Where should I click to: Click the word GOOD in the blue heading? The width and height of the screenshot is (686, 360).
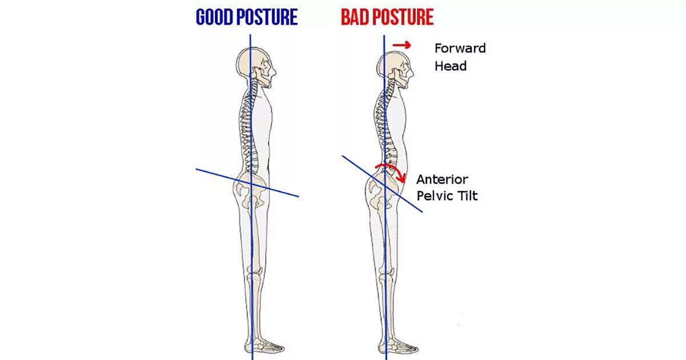point(214,17)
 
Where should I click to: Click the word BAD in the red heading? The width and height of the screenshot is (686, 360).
point(355,17)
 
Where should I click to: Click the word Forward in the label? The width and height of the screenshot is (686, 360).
point(460,48)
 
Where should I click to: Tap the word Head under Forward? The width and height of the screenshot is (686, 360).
point(450,66)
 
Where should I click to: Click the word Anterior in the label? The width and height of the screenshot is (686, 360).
point(442,179)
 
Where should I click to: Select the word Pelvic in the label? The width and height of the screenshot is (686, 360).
point(436,196)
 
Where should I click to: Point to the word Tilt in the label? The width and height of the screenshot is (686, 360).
point(466,196)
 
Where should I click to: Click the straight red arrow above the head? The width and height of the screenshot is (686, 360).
point(402,45)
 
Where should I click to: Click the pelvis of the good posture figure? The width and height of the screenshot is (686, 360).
point(252,191)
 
